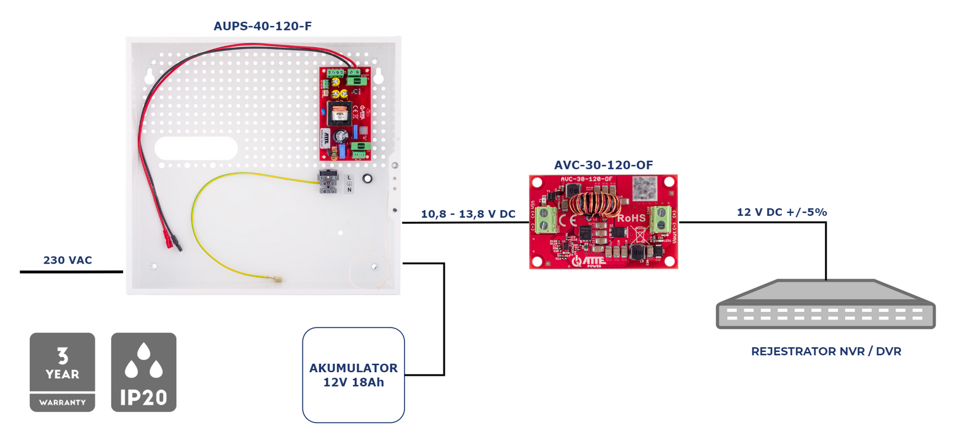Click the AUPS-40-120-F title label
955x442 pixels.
(x=263, y=26)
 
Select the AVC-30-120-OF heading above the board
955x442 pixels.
(x=603, y=165)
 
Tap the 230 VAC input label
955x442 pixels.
(x=67, y=260)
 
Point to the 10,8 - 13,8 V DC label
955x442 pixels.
(x=468, y=214)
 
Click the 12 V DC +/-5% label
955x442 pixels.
(x=781, y=212)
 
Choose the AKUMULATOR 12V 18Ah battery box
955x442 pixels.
(x=353, y=375)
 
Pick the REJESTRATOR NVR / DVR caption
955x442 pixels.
(x=825, y=351)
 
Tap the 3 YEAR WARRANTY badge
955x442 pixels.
(x=63, y=372)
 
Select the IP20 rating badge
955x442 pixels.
(x=144, y=372)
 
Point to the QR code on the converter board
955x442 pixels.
(x=645, y=187)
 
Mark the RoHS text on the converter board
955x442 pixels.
(x=631, y=218)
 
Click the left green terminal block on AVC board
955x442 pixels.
(x=545, y=220)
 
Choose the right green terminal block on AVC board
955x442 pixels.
(x=660, y=219)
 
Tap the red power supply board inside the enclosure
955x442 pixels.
(x=346, y=113)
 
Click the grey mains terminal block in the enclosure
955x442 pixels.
(x=328, y=181)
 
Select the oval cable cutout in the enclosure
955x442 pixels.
(x=196, y=149)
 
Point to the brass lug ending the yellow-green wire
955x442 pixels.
(x=278, y=279)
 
